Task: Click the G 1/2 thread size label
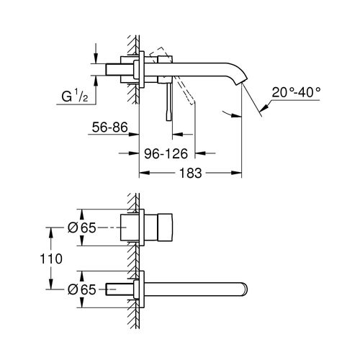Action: click(72, 95)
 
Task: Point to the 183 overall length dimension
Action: click(189, 174)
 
